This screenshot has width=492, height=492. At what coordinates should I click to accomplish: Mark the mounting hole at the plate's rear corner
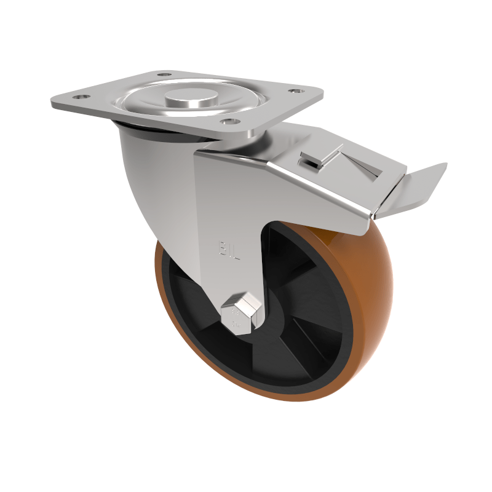point(163,75)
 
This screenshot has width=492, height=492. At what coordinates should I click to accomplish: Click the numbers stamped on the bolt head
point(236,317)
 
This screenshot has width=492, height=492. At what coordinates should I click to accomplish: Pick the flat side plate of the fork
point(228,203)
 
